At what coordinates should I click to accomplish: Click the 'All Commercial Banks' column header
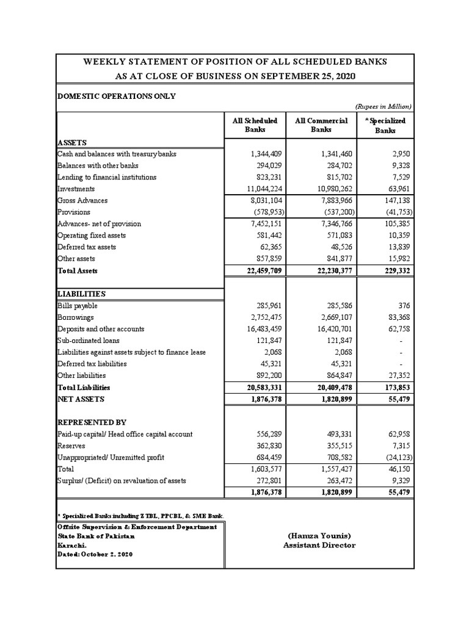click(x=321, y=125)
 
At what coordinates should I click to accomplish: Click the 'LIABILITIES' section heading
click(x=81, y=294)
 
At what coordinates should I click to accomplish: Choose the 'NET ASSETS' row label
click(x=81, y=399)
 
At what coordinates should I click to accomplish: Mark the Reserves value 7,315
click(x=401, y=446)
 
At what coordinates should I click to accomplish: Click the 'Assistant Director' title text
click(x=319, y=545)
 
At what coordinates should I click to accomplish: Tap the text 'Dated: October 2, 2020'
click(x=95, y=554)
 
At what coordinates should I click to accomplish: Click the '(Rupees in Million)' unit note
click(x=383, y=106)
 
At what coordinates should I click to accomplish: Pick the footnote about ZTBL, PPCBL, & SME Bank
click(x=140, y=516)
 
